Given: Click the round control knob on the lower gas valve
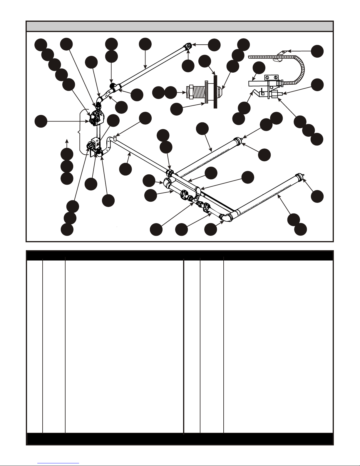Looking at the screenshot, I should pyautogui.click(x=90, y=146).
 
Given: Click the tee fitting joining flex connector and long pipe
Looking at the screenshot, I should pyautogui.click(x=116, y=87).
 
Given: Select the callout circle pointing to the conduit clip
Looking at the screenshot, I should pyautogui.click(x=317, y=51).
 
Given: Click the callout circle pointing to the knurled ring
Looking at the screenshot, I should pyautogui.click(x=177, y=109).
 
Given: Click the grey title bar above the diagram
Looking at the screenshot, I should pyautogui.click(x=180, y=26).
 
